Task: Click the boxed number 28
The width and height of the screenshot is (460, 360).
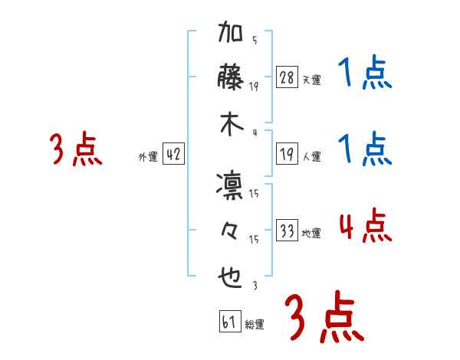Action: click(287, 77)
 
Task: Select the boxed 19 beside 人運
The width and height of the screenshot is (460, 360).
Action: click(287, 155)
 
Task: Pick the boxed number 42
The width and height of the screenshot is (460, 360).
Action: click(173, 155)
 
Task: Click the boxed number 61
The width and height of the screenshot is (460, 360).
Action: click(229, 322)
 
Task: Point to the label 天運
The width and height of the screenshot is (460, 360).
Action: click(312, 80)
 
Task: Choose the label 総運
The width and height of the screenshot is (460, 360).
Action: click(255, 324)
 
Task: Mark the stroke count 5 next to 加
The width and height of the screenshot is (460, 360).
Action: click(254, 41)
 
